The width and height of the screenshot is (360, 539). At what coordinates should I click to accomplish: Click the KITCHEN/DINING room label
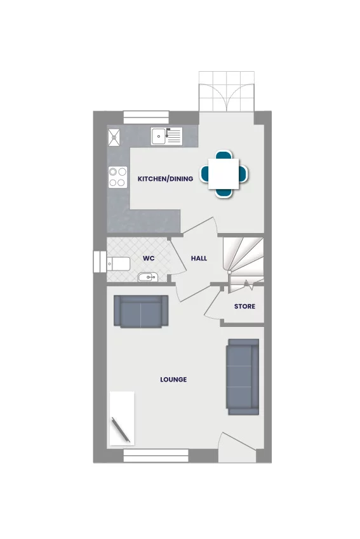point(165,179)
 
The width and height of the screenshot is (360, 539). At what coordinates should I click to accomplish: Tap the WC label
point(149,258)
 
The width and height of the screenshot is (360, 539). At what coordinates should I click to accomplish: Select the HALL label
point(199,258)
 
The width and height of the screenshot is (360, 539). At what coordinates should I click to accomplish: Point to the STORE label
point(244,307)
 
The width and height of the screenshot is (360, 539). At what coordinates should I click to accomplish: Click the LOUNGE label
point(173,380)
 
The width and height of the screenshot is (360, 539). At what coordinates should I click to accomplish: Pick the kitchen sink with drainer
point(166,135)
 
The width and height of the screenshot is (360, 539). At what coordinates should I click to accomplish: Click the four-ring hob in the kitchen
point(117,176)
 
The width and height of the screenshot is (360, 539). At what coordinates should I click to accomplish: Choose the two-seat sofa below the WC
point(140,311)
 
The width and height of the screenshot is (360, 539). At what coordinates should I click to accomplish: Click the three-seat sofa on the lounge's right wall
point(243,376)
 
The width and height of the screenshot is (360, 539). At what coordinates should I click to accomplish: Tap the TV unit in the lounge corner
point(122,419)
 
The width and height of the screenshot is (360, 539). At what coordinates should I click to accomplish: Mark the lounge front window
point(156,455)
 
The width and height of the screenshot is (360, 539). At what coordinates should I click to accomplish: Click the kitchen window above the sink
point(146,117)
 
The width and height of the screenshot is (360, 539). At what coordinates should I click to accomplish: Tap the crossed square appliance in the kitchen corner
point(116,136)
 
